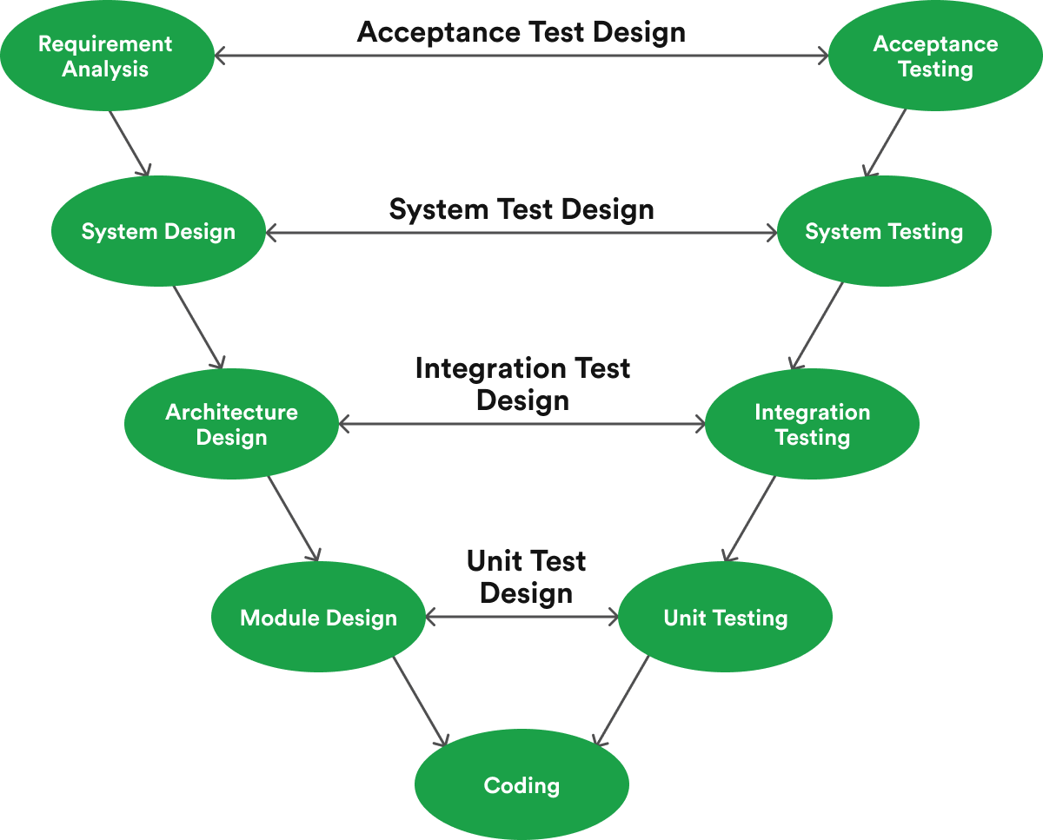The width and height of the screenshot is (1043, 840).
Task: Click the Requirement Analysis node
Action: [x=106, y=56]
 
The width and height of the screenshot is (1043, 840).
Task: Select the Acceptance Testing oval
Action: [x=935, y=56]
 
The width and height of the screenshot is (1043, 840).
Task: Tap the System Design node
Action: [x=158, y=232]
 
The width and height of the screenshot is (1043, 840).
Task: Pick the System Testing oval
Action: [x=884, y=232]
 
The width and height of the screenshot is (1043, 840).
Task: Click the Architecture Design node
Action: [x=231, y=425]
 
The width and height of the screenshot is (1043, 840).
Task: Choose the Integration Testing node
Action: [x=812, y=425]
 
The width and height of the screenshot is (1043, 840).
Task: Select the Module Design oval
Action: [x=318, y=618]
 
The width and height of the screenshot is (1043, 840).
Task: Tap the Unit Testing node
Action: [x=725, y=618]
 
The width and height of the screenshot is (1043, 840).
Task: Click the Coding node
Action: [x=521, y=785]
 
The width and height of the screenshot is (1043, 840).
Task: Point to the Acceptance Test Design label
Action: [x=521, y=32]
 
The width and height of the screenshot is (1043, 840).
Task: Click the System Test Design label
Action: [x=521, y=209]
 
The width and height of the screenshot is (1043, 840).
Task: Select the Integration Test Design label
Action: [x=522, y=384]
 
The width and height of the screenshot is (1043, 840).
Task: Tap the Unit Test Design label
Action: [x=526, y=577]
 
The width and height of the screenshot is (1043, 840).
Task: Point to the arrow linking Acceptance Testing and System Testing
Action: [x=885, y=143]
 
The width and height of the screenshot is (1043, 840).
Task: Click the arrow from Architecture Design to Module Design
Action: [x=294, y=519]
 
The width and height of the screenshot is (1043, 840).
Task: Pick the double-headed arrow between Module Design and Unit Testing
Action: [x=521, y=618]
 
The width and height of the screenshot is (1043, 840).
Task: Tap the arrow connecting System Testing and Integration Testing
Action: [x=816, y=327]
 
